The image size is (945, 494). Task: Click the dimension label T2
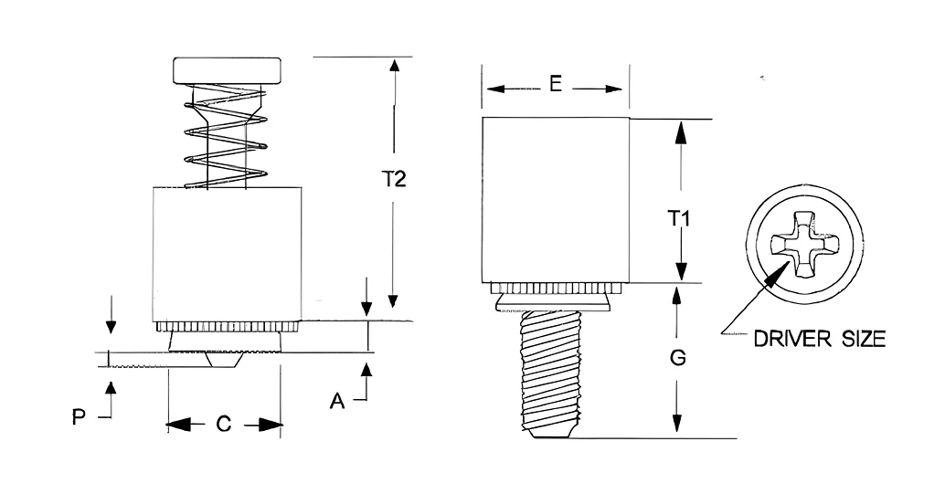click(394, 179)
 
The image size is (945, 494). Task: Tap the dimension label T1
click(679, 218)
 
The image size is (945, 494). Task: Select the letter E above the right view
click(556, 84)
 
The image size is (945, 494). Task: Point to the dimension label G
click(678, 357)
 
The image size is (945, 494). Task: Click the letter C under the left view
click(224, 424)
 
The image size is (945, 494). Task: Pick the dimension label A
click(337, 401)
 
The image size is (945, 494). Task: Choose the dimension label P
click(79, 417)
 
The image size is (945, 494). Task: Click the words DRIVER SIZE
click(820, 339)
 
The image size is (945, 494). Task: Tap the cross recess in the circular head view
click(804, 244)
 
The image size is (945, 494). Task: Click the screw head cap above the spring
click(228, 70)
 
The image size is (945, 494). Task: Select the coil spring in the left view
click(226, 137)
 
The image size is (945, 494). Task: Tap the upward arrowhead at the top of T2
click(394, 66)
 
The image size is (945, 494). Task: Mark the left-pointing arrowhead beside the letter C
click(178, 426)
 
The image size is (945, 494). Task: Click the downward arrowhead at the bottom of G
click(677, 423)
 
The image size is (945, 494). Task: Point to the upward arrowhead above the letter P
click(110, 389)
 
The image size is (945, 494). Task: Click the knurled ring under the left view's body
click(227, 327)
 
